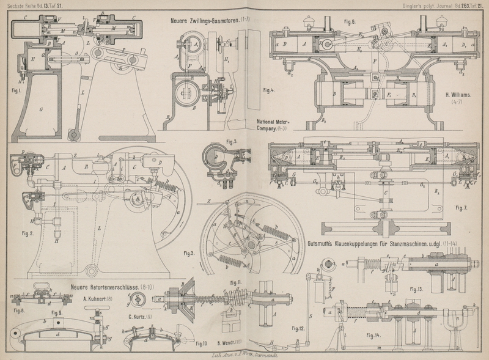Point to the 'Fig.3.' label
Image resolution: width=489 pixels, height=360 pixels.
pyautogui.click(x=189, y=252)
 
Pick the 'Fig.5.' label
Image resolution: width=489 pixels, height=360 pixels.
pyautogui.click(x=231, y=142)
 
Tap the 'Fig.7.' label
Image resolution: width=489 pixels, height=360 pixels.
pyautogui.click(x=463, y=207)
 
